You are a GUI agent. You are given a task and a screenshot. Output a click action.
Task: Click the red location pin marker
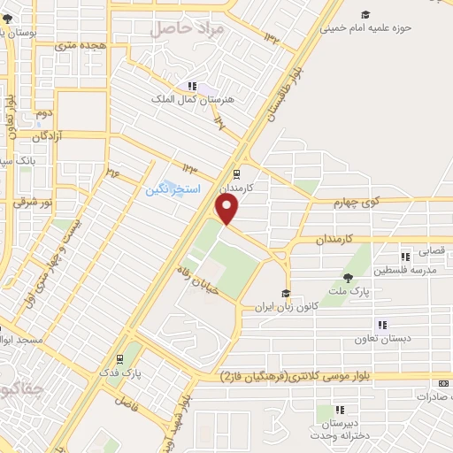[x=228, y=209]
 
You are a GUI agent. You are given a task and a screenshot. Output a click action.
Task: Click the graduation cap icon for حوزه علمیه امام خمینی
[x=365, y=14]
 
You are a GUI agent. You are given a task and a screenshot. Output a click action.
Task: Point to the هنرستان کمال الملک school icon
[x=191, y=86]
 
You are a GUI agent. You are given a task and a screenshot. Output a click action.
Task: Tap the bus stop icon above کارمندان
[x=236, y=174]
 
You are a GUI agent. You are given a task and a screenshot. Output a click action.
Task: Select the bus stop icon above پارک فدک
[x=119, y=359]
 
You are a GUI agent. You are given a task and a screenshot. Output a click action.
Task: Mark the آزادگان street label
[x=50, y=138]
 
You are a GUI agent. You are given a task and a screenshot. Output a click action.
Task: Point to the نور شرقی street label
[x=33, y=203]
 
